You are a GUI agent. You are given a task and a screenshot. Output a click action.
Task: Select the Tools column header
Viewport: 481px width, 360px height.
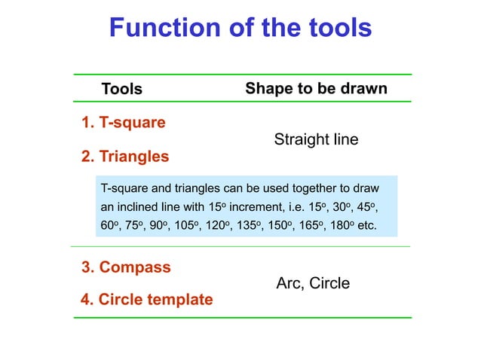click(121, 89)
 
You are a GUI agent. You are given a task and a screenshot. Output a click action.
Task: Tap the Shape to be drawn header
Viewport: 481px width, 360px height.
click(316, 89)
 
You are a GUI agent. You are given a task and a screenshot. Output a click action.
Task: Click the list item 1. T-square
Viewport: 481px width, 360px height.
click(123, 121)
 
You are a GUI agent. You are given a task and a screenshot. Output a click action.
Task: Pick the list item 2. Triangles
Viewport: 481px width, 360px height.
click(124, 157)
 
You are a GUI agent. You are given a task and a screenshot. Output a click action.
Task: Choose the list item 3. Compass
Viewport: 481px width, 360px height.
click(125, 267)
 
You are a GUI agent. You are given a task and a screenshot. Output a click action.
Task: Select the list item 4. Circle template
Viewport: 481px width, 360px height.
click(146, 300)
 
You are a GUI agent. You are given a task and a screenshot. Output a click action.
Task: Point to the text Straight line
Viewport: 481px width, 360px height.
click(316, 139)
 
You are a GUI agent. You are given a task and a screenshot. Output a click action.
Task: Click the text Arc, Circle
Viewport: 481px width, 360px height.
click(313, 283)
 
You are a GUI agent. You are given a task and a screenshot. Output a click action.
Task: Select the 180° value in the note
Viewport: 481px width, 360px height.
click(339, 225)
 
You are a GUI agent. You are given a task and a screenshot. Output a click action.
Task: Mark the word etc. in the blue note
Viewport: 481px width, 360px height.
click(365, 225)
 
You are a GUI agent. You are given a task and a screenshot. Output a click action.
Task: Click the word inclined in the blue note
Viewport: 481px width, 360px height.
click(142, 206)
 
